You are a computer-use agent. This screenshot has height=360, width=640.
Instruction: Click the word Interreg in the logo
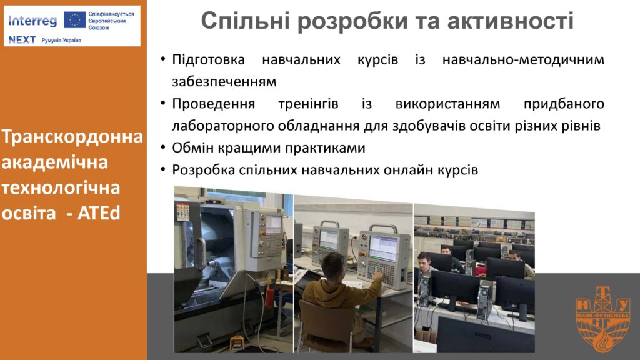(x=32, y=21)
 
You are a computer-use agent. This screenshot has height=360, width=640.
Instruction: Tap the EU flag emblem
(x=75, y=19)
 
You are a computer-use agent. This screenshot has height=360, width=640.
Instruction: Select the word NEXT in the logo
(x=22, y=40)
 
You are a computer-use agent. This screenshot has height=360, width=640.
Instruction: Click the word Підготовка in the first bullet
(x=208, y=60)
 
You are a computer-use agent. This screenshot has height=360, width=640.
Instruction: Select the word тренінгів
(x=308, y=104)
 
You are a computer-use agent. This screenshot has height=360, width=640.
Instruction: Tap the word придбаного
(x=564, y=104)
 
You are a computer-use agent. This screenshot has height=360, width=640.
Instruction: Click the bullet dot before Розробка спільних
(x=163, y=169)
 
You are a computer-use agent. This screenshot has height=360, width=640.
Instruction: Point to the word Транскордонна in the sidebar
(x=72, y=137)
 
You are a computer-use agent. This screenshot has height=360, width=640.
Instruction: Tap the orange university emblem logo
(x=602, y=319)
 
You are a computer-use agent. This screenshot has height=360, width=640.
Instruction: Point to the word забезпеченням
(x=224, y=82)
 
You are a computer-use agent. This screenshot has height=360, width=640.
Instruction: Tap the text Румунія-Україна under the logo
(x=61, y=41)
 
